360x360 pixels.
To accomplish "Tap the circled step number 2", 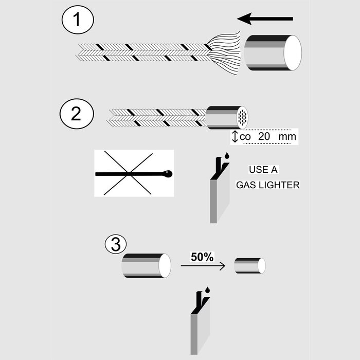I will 76,112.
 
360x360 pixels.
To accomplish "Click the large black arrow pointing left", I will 265,20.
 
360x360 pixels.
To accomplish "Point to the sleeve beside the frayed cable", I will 272,52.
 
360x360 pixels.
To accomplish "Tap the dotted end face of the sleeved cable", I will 242,117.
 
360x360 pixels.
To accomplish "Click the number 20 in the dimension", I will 262,137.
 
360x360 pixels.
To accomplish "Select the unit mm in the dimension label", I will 284,137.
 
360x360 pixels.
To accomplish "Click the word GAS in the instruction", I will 245,185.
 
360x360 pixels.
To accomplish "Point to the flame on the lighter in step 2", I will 226,155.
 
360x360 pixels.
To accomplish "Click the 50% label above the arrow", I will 202,257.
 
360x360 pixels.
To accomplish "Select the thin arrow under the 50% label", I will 203,266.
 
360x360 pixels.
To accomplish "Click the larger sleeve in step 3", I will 146,265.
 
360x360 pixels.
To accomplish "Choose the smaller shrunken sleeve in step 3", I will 249,266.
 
